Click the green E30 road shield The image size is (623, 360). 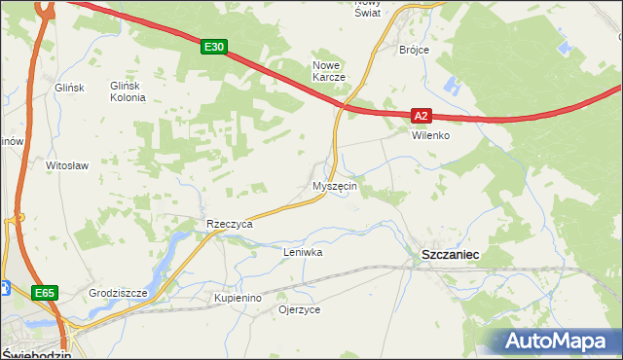(215, 46)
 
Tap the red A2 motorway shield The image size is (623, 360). (420, 116)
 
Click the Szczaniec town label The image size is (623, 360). (450, 253)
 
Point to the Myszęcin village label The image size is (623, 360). (335, 186)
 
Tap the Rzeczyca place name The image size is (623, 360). (229, 224)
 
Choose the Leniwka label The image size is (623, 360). (302, 252)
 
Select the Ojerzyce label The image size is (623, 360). (299, 309)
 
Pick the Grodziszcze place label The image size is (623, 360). (118, 293)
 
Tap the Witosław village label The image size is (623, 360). (67, 165)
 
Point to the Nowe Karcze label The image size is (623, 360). (329, 71)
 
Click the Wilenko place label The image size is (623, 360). (429, 135)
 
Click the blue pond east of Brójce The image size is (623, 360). (449, 88)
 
